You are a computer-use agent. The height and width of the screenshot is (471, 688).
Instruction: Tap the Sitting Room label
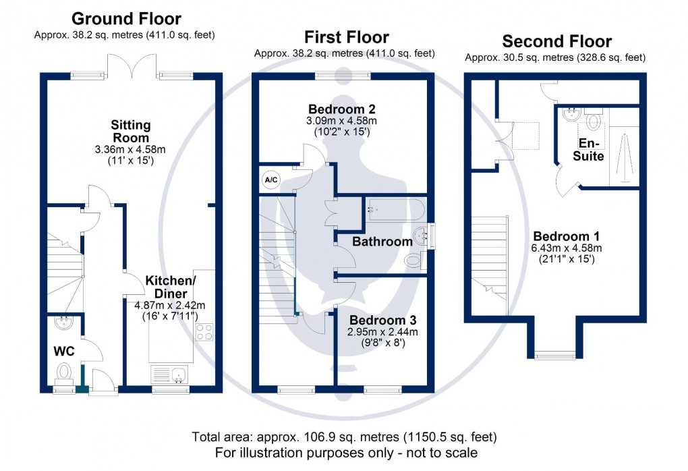[132, 132]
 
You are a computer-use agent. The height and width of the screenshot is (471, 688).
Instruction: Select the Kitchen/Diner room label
[171, 287]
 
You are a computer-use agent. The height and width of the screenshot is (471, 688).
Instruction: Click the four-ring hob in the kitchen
[204, 332]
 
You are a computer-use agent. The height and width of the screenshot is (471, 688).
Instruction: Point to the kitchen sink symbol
[170, 374]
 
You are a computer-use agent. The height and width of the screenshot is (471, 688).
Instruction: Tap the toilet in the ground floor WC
[65, 372]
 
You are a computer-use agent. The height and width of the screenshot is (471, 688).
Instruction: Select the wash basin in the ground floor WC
[65, 323]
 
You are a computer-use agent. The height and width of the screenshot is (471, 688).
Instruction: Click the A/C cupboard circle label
[269, 179]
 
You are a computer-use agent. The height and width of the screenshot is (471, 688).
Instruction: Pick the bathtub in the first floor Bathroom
[395, 210]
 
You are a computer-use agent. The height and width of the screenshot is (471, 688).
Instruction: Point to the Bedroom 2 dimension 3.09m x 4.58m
[342, 121]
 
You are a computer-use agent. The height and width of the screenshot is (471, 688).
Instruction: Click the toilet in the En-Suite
[594, 120]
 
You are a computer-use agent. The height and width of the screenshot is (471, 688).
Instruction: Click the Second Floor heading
[557, 41]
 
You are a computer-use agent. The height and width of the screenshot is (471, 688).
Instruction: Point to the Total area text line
[345, 437]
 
